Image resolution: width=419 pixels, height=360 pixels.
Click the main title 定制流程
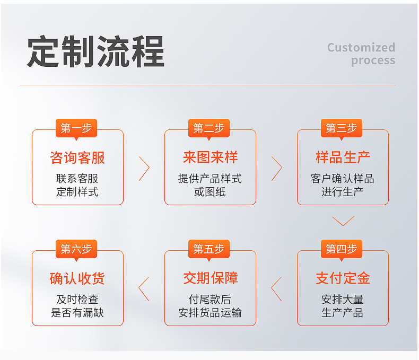(x=95, y=51)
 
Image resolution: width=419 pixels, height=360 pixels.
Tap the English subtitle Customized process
(x=361, y=54)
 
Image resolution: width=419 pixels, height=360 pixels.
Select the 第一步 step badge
(x=76, y=128)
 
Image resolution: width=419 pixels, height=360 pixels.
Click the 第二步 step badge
(x=209, y=128)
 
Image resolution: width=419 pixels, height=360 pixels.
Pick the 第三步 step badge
(x=342, y=128)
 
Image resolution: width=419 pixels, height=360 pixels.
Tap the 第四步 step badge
(x=342, y=249)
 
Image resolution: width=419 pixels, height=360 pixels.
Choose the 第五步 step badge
(x=209, y=249)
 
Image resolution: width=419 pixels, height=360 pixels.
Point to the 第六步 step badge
(x=76, y=249)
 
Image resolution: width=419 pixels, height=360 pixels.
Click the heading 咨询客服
(x=77, y=157)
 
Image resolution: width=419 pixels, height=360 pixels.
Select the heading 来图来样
(x=210, y=157)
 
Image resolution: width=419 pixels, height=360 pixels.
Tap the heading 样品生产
(x=343, y=157)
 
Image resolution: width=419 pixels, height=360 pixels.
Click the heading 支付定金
(x=343, y=278)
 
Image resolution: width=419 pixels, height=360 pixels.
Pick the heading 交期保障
(x=210, y=278)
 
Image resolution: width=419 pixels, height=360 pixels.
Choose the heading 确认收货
(x=77, y=278)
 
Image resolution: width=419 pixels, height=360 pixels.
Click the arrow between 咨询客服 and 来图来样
(x=144, y=169)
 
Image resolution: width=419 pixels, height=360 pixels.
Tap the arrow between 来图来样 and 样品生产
(x=277, y=169)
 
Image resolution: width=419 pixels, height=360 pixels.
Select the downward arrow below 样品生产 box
(x=343, y=221)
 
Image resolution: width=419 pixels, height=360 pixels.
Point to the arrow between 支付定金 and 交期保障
(x=276, y=289)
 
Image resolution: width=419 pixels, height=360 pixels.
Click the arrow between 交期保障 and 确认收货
(x=144, y=289)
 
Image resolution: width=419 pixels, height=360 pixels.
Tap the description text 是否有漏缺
(x=77, y=313)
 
